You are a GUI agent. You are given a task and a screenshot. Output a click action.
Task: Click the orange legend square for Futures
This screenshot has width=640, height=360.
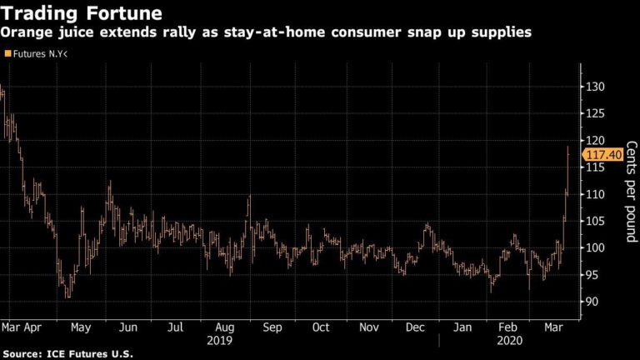pyautogui.click(x=8, y=53)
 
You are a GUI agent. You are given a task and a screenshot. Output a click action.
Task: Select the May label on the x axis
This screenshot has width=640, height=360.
pyautogui.click(x=80, y=328)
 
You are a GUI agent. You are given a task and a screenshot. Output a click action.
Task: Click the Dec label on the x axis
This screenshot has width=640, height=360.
pyautogui.click(x=414, y=328)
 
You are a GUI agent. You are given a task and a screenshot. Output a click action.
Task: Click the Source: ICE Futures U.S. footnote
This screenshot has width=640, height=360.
pyautogui.click(x=67, y=354)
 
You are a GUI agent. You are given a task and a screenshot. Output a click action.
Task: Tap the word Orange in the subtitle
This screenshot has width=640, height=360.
pyautogui.click(x=27, y=32)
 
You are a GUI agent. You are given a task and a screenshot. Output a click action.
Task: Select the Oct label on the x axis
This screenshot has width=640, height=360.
pyautogui.click(x=321, y=328)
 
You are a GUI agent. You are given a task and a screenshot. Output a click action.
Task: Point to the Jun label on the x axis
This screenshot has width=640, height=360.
pyautogui.click(x=127, y=328)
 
